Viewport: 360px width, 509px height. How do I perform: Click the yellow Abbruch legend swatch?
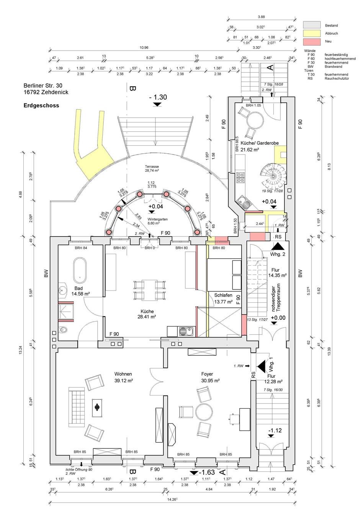coord(311,33)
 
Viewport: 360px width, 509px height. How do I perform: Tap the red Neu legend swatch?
coord(311,41)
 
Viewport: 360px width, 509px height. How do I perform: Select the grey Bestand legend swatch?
coord(311,25)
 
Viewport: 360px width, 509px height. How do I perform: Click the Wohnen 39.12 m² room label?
coord(123,377)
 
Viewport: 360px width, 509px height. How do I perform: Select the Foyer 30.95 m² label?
coord(210,377)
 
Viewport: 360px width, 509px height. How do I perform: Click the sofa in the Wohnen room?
coord(76,407)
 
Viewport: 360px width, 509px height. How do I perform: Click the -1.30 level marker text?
coord(157,97)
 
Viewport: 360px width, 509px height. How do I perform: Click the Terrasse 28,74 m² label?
coord(152,169)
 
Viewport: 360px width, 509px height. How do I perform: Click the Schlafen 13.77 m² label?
coord(223,298)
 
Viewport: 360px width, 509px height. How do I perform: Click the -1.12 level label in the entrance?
coord(275,430)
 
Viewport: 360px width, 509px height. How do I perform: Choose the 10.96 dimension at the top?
coord(144,48)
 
